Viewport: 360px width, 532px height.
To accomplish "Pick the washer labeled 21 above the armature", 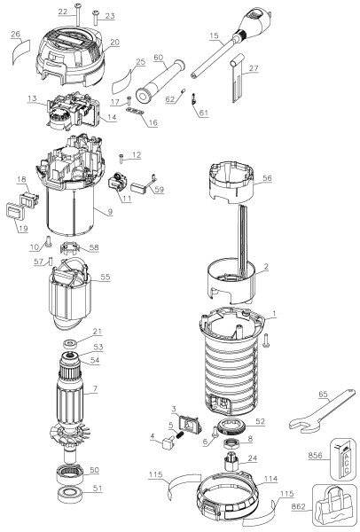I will [67, 344].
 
